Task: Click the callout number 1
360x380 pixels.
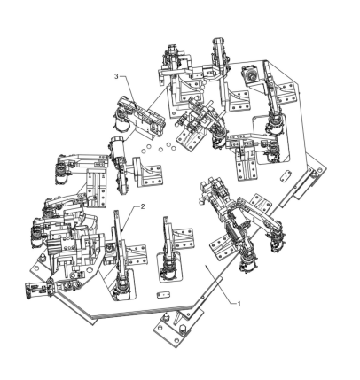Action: (239, 303)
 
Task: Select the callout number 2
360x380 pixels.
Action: (143, 206)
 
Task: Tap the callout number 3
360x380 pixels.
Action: (116, 76)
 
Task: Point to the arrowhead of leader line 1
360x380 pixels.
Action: (207, 266)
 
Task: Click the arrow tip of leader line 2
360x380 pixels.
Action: (121, 231)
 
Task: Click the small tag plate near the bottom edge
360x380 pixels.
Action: (163, 295)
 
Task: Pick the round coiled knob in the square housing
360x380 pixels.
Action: (252, 74)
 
